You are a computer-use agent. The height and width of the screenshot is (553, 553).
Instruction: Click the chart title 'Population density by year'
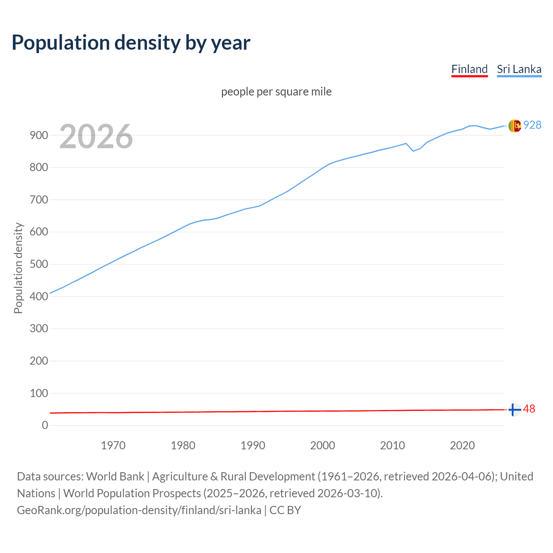coord(131,43)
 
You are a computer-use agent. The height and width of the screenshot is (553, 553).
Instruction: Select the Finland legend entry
coord(469,69)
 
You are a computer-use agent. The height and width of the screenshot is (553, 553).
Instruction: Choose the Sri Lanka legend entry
coord(519,69)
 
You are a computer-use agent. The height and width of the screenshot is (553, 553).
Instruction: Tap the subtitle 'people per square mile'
coord(276,92)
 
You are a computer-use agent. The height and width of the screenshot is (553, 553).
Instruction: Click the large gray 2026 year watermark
coord(96,137)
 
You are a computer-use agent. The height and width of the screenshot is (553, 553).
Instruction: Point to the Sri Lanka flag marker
coord(514,126)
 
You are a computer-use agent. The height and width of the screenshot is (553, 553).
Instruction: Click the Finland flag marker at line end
coord(514,410)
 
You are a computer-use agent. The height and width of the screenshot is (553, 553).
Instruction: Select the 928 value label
coord(532,125)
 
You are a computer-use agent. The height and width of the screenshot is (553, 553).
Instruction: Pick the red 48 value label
coord(529,409)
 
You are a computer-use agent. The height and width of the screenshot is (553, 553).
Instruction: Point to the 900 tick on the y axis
coord(39,135)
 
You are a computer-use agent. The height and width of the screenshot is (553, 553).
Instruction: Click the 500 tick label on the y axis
coord(39,264)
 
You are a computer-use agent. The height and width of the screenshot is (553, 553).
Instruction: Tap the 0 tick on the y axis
coord(45,425)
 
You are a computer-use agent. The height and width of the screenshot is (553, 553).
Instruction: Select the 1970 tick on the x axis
coord(113,445)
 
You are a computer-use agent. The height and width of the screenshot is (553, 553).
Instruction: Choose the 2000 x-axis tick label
coord(323,445)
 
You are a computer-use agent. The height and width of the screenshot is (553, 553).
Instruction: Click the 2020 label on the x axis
coord(462,445)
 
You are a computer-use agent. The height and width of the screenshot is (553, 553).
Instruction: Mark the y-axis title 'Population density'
coord(18,268)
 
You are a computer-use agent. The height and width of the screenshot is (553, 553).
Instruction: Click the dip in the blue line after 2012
coord(413,151)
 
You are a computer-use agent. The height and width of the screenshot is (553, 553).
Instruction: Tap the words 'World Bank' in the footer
coord(115,477)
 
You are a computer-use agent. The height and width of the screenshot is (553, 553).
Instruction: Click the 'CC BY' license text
coord(285,510)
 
